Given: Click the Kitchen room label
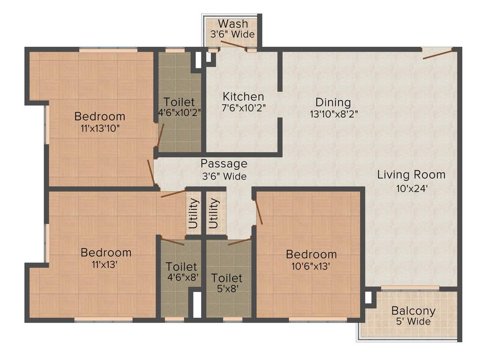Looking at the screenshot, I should (x=243, y=97).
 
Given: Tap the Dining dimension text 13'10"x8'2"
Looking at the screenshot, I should (x=333, y=113).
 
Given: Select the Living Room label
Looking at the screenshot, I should (x=411, y=175).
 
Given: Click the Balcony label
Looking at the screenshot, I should (x=413, y=310).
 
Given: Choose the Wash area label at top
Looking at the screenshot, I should (x=233, y=23).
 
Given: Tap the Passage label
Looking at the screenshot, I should (x=224, y=164).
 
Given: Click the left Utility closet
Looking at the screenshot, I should (x=193, y=213).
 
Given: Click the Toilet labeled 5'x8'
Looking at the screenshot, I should (x=227, y=278).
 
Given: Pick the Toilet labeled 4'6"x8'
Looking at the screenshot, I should (x=181, y=267).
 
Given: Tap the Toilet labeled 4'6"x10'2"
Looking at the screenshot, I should (x=179, y=102).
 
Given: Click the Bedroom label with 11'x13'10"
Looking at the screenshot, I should (x=100, y=116).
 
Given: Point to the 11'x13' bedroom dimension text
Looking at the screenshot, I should (x=106, y=264).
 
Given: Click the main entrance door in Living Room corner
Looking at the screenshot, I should (x=438, y=53).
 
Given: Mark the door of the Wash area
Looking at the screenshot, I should (x=233, y=45).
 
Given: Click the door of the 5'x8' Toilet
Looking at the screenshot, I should (x=240, y=241).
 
